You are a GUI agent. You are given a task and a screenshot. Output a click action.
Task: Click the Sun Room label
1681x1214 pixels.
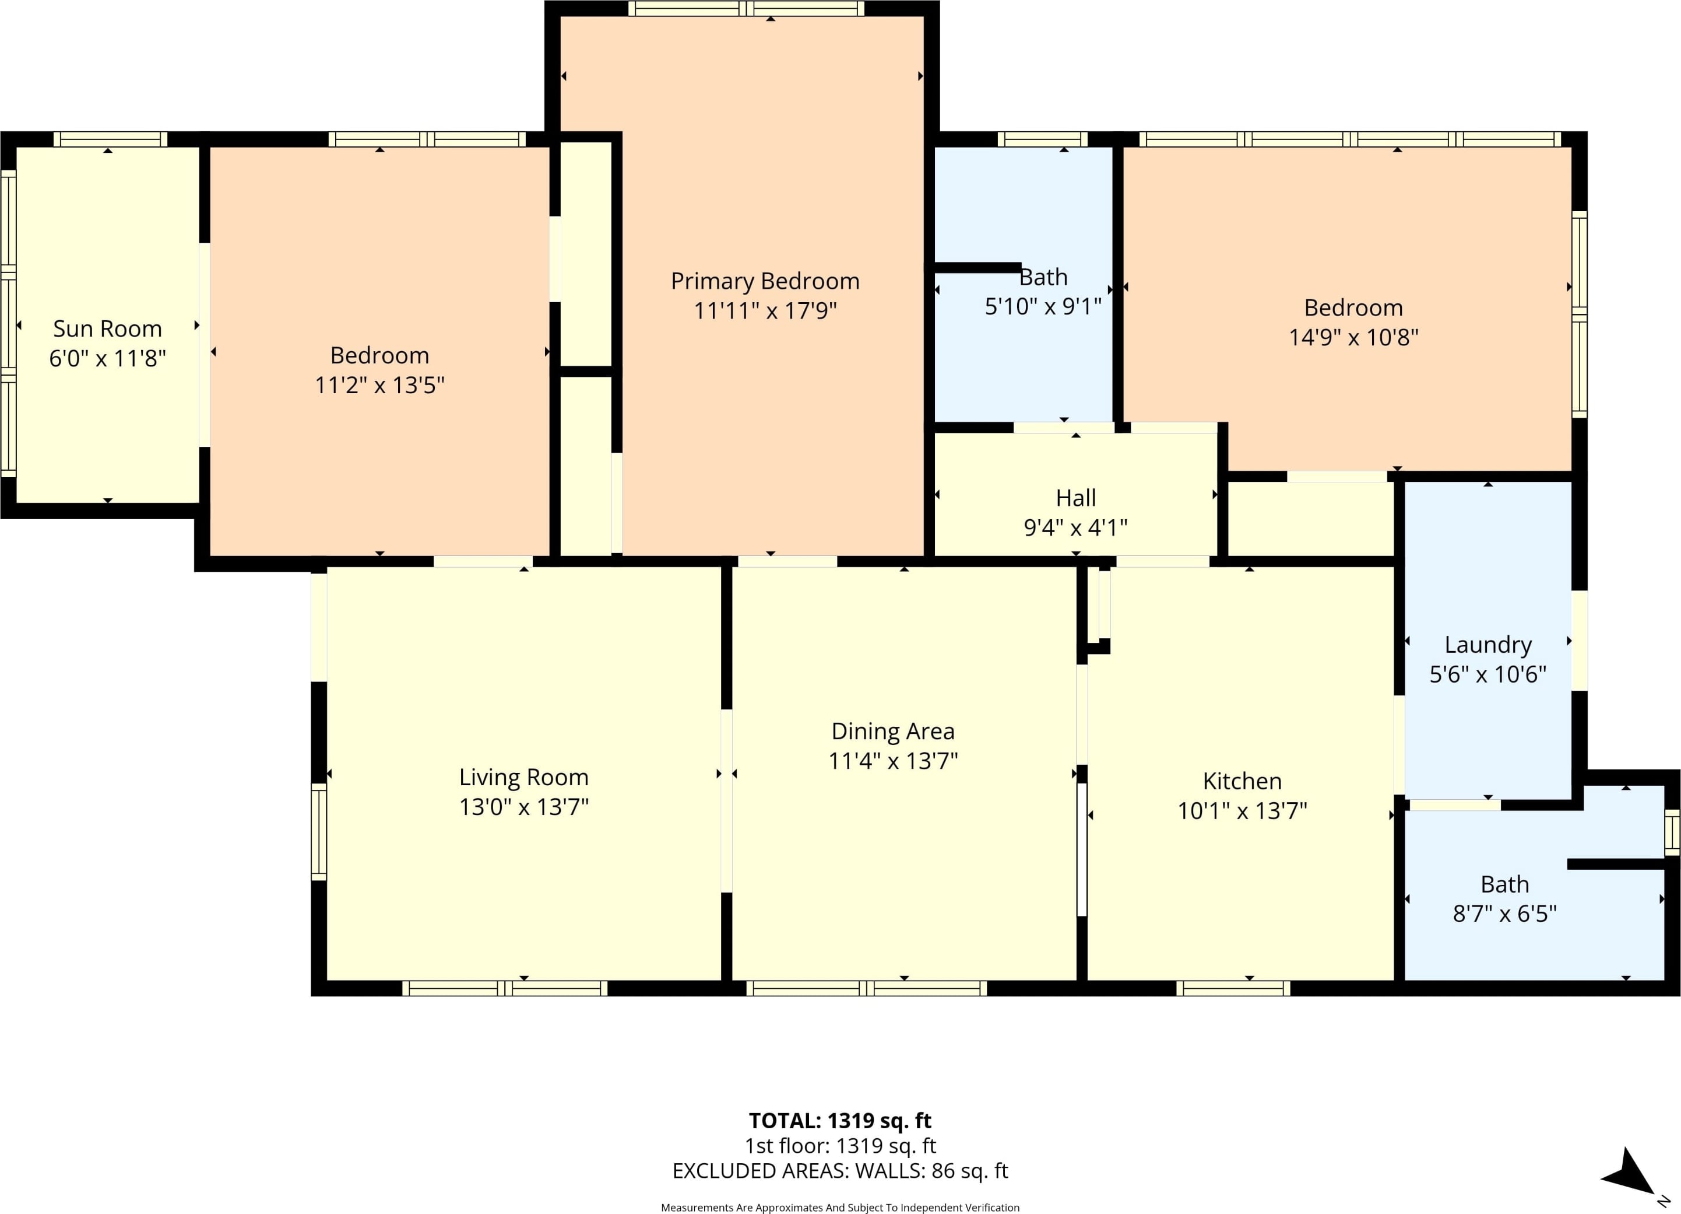(x=107, y=328)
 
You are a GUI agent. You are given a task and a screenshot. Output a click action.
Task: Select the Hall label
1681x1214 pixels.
(x=1075, y=498)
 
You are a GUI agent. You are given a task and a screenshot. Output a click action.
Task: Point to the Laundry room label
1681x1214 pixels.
(x=1487, y=645)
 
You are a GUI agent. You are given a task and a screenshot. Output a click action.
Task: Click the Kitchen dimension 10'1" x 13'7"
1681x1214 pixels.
(x=1242, y=810)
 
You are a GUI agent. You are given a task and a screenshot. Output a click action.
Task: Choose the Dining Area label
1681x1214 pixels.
(x=892, y=731)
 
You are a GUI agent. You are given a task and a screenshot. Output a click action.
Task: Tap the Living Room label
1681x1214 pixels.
(x=523, y=777)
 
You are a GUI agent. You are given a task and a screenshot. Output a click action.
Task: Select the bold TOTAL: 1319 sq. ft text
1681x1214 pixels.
(x=840, y=1121)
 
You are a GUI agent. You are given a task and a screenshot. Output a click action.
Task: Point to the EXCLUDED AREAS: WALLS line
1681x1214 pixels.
(x=840, y=1170)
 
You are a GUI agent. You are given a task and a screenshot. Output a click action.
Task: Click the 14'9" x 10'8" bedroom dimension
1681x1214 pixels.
(x=1353, y=337)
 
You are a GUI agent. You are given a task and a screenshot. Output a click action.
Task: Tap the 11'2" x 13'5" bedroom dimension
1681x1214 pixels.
(x=379, y=385)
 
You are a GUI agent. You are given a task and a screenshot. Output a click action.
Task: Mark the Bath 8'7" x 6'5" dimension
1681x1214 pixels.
(x=1504, y=913)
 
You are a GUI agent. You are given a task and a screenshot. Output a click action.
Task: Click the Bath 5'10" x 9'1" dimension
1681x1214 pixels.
(x=1043, y=306)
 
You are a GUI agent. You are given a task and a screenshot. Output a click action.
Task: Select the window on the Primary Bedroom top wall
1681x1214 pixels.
(x=747, y=9)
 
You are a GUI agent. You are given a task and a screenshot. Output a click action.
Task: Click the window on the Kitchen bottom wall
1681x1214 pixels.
(x=1233, y=989)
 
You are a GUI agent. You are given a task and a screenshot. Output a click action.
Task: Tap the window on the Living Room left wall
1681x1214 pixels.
(x=319, y=832)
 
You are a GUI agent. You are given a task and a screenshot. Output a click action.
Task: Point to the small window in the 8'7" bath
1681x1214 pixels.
(x=1672, y=831)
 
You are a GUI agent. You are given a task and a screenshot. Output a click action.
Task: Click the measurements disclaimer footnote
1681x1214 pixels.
(x=840, y=1208)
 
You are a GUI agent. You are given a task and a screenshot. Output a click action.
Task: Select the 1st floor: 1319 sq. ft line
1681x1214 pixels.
(x=840, y=1146)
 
